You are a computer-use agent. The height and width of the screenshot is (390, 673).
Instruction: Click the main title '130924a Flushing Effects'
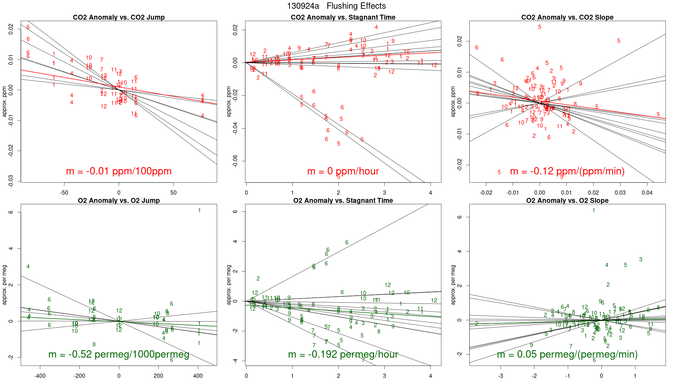click(336, 6)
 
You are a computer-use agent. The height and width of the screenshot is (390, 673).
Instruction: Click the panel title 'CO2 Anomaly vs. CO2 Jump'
click(119, 17)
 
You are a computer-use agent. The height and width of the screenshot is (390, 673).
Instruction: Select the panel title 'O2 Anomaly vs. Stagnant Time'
click(343, 201)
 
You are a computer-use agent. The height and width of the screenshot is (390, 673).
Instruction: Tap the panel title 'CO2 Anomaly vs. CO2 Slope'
click(567, 17)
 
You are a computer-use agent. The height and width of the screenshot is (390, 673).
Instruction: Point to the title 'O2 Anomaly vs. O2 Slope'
click(567, 201)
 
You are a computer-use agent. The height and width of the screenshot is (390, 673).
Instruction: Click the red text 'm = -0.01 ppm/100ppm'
click(119, 171)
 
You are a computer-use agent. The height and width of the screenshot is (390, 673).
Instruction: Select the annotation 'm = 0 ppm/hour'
click(343, 171)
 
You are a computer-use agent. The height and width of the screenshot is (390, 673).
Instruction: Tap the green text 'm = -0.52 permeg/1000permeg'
click(119, 354)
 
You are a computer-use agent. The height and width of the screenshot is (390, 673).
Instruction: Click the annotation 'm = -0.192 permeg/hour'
click(343, 354)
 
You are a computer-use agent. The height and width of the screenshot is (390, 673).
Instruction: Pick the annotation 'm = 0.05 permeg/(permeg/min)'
click(567, 354)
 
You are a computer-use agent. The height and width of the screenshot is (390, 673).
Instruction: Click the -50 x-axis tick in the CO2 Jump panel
click(64, 193)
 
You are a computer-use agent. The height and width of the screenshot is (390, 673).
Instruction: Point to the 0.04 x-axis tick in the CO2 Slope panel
click(647, 193)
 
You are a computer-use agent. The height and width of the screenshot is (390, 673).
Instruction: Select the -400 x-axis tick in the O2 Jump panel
click(40, 376)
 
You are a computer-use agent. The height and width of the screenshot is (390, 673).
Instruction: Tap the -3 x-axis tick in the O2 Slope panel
click(500, 376)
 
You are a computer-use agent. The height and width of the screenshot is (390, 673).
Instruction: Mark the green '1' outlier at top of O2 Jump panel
click(199, 210)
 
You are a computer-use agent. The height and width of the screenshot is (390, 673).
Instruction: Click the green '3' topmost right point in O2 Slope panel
click(641, 260)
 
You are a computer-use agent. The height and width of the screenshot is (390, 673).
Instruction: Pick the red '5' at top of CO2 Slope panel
click(540, 27)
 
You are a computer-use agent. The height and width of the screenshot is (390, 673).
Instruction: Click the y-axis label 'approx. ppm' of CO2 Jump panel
click(5, 101)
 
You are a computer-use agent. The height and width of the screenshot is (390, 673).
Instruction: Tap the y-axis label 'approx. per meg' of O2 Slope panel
click(453, 285)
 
